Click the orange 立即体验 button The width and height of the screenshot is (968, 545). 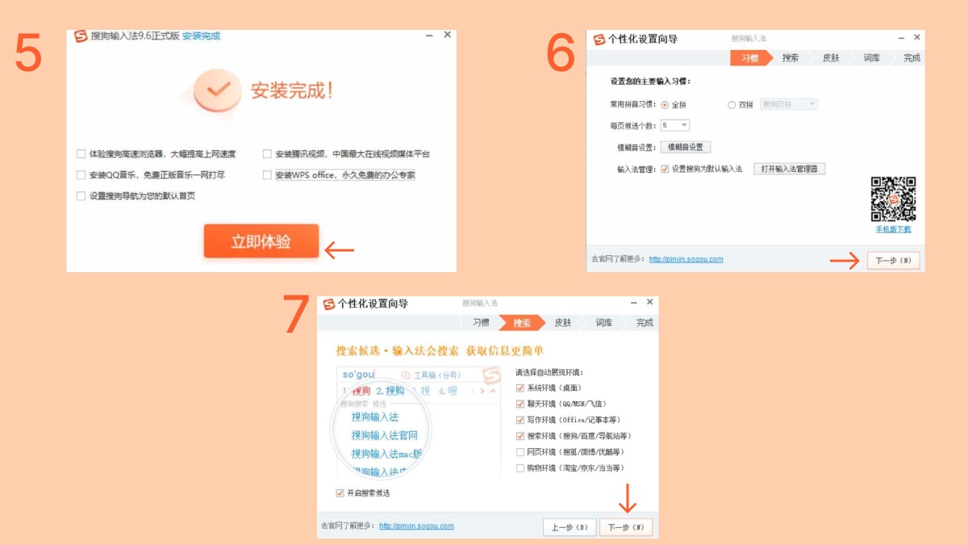[261, 241]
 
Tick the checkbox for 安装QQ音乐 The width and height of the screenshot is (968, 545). [81, 175]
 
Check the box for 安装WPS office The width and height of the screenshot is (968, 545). [267, 175]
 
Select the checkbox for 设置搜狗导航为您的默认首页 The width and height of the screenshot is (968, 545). [81, 196]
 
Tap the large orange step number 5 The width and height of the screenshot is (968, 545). [29, 53]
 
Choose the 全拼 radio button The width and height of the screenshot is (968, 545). [665, 105]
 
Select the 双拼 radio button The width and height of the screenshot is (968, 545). [732, 105]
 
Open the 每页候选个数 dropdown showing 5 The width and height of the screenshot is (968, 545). [675, 125]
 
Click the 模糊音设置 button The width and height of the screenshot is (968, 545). [686, 147]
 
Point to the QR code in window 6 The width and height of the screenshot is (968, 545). [893, 199]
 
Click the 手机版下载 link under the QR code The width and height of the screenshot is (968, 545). [893, 229]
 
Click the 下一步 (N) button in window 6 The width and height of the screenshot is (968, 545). [893, 260]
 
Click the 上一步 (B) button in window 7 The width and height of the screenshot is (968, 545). [570, 527]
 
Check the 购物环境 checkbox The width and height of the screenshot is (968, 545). [520, 468]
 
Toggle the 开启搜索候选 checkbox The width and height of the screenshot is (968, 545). [340, 493]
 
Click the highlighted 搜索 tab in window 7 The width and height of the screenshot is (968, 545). [521, 323]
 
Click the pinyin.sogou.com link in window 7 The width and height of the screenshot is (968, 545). [416, 526]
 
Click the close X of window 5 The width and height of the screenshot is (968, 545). [447, 36]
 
